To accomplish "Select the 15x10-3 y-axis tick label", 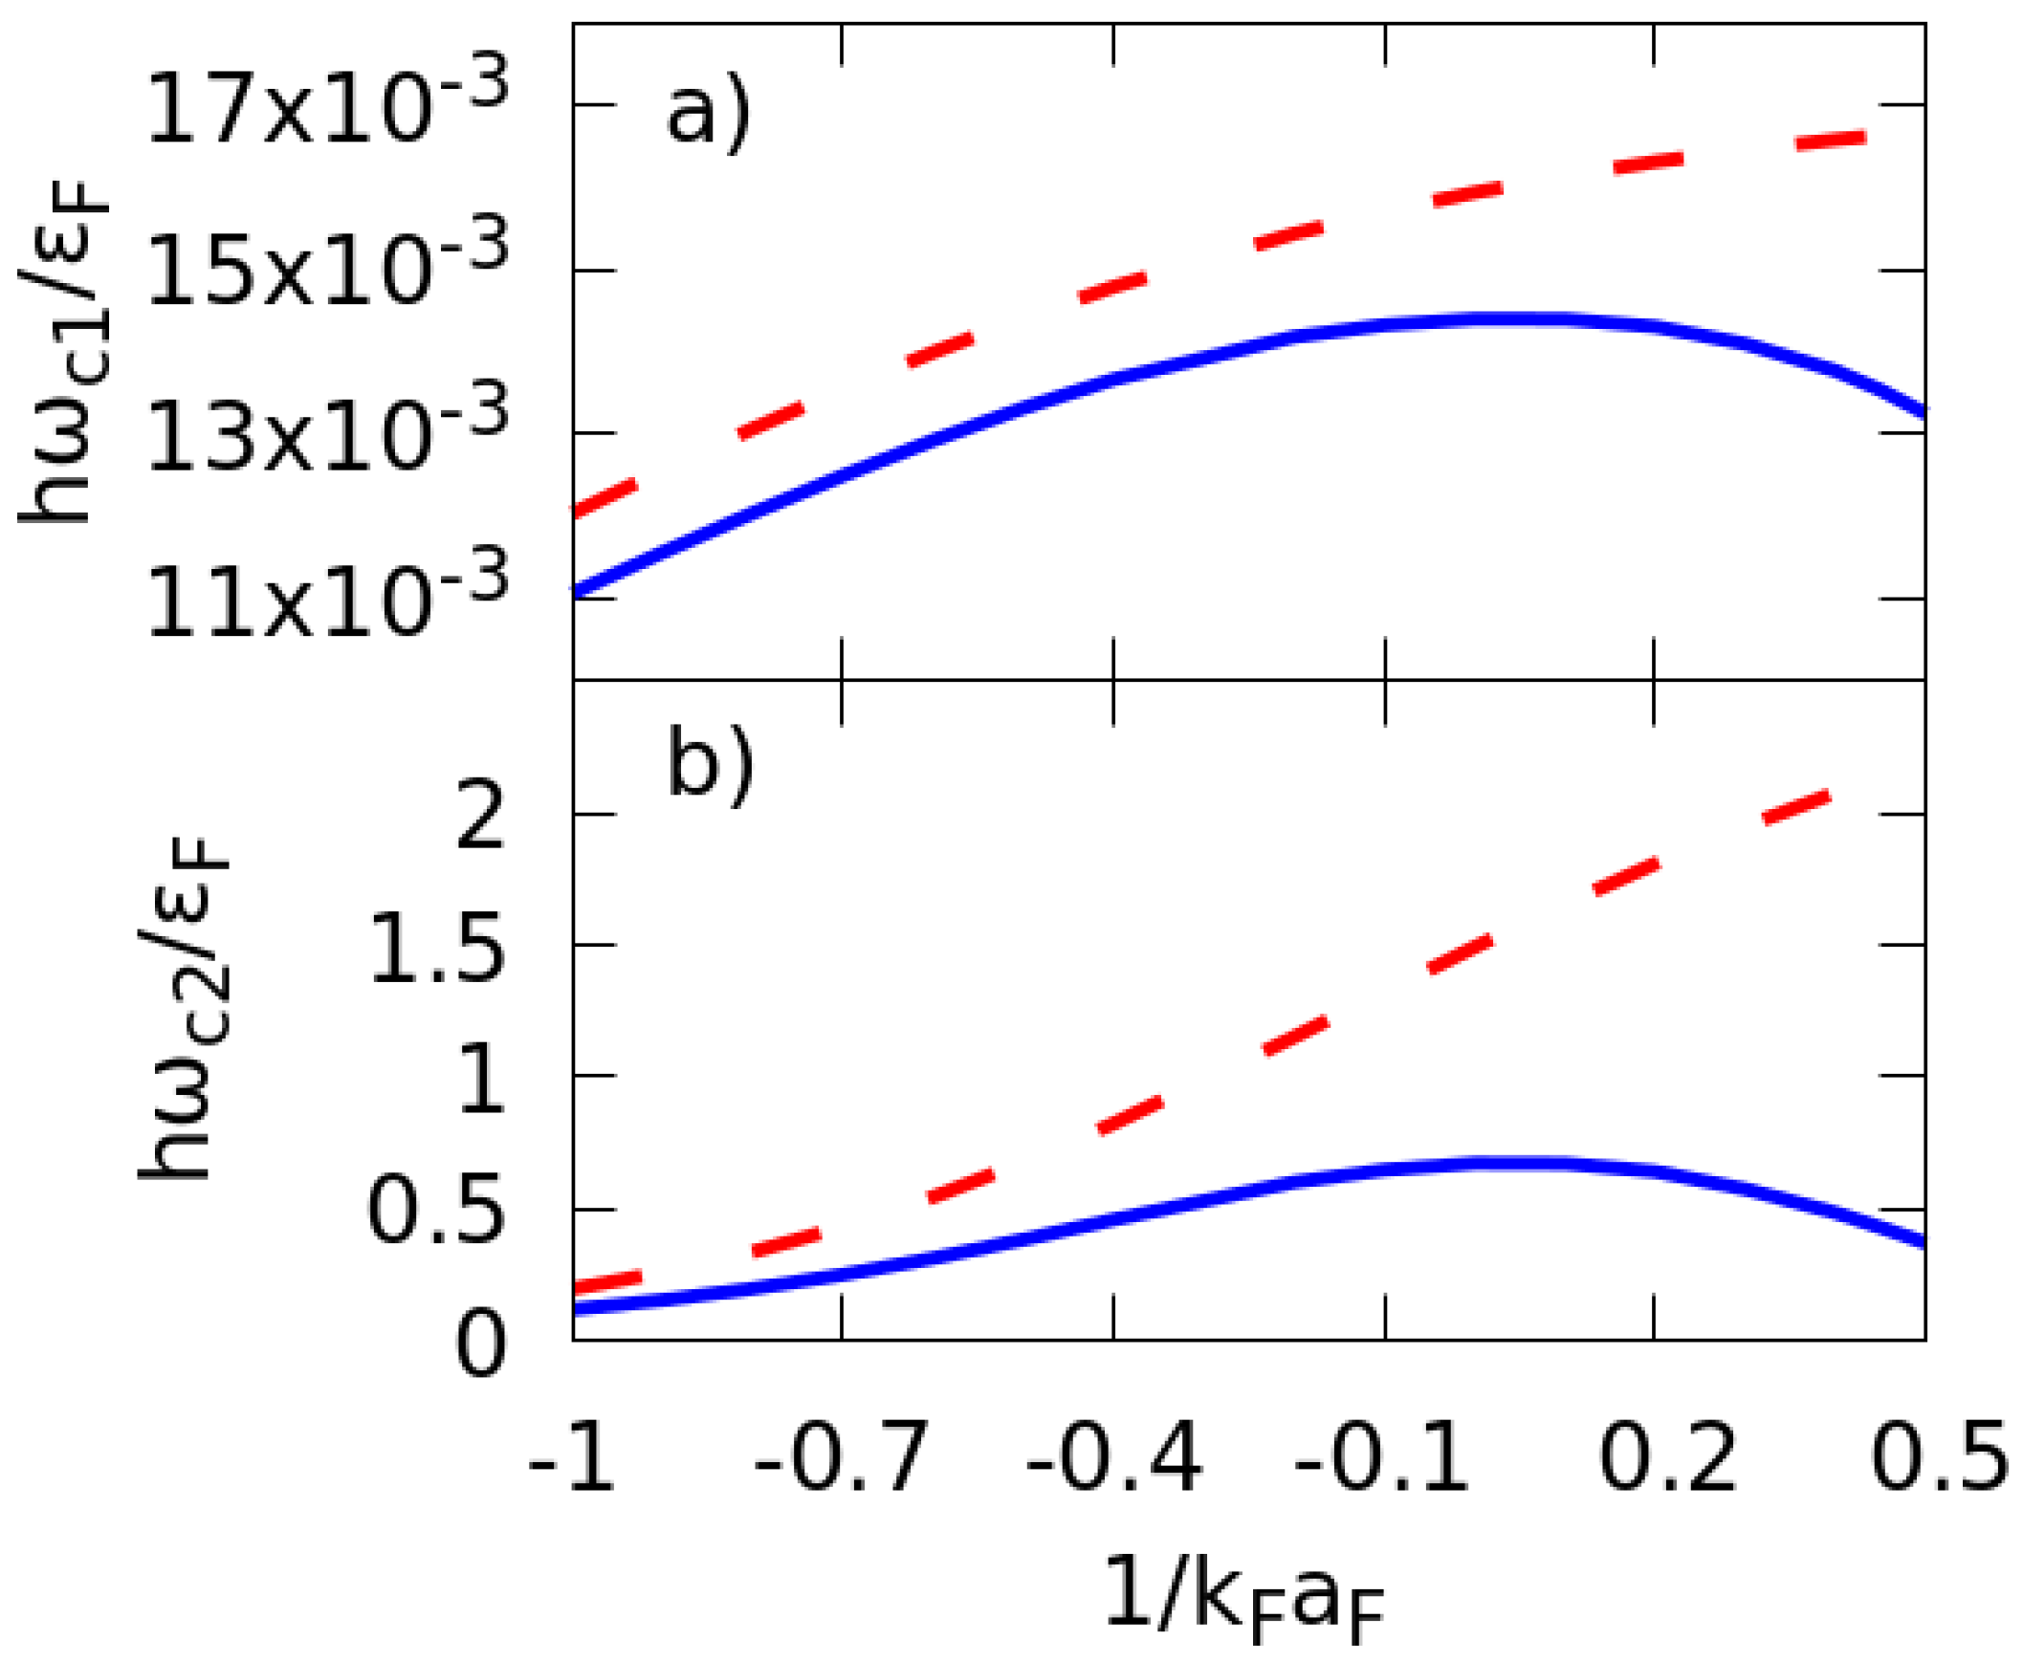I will point(326,270).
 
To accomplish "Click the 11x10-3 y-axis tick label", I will point(326,600).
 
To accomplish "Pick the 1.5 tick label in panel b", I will point(436,949).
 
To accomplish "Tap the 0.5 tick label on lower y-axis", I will point(436,1211).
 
